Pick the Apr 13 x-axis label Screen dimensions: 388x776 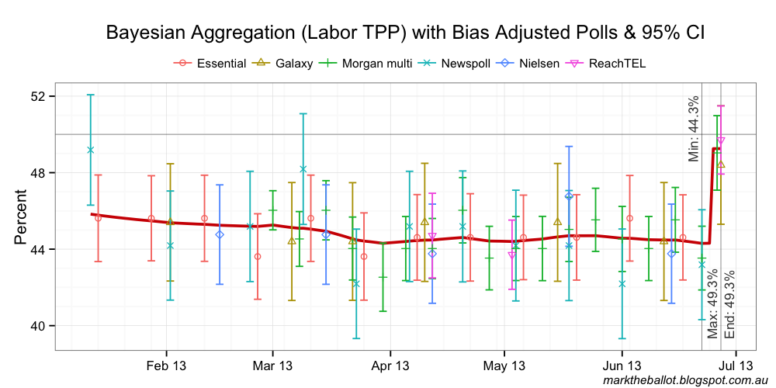point(390,365)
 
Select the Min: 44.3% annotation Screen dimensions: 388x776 point(694,128)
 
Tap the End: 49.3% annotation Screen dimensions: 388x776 point(729,305)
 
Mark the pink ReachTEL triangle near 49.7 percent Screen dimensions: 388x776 point(721,140)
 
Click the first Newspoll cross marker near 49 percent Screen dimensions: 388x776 point(91,150)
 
